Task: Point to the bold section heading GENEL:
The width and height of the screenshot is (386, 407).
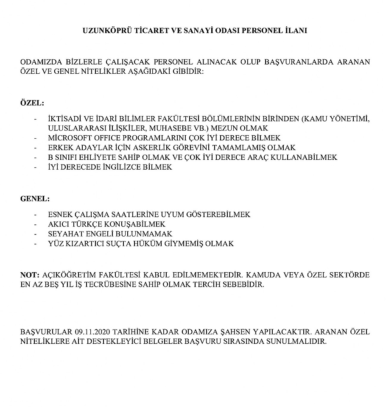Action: tap(35, 198)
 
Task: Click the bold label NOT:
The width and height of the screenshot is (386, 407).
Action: tap(30, 275)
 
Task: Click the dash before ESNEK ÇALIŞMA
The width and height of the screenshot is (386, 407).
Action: tap(35, 215)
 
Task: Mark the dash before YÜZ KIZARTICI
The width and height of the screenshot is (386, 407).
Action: tap(35, 244)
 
